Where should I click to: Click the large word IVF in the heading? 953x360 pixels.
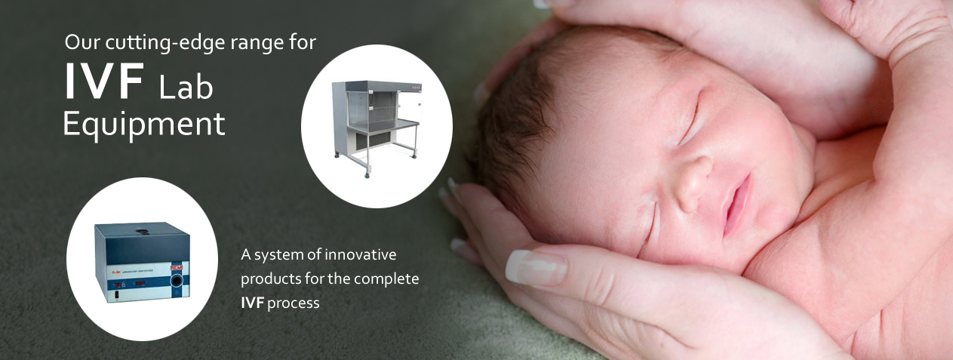103,81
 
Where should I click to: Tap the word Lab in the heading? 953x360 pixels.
186,87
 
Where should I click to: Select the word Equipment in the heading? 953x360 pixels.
144,125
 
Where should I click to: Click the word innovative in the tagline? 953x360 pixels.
361,254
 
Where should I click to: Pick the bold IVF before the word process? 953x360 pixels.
252,303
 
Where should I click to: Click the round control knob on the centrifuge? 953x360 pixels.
178,282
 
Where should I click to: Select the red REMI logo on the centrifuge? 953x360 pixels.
177,267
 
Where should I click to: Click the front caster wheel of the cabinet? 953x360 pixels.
366,174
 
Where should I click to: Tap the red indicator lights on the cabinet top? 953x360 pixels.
415,88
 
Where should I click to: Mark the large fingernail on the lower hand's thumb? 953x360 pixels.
535,267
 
